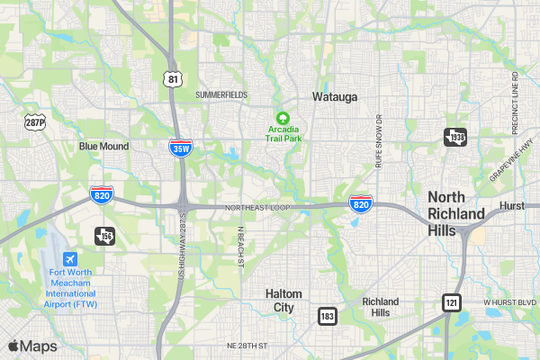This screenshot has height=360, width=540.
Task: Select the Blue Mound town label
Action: pyautogui.click(x=103, y=146)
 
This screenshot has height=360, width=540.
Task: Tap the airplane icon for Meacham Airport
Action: pyautogui.click(x=69, y=258)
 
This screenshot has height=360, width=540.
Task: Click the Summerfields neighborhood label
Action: pyautogui.click(x=220, y=94)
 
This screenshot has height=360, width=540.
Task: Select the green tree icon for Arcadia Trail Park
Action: pyautogui.click(x=282, y=118)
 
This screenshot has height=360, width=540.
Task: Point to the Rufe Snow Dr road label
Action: pyautogui.click(x=379, y=141)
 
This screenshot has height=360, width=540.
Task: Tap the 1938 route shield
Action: pyautogui.click(x=455, y=137)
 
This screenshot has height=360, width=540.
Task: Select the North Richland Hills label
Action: pyautogui.click(x=456, y=205)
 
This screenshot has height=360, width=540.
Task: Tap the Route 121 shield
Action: pyautogui.click(x=451, y=302)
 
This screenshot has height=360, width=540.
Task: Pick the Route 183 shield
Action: pyautogui.click(x=328, y=316)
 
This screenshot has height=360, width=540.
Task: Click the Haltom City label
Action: pyautogui.click(x=283, y=301)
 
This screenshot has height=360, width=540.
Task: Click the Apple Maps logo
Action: pyautogui.click(x=32, y=346)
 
